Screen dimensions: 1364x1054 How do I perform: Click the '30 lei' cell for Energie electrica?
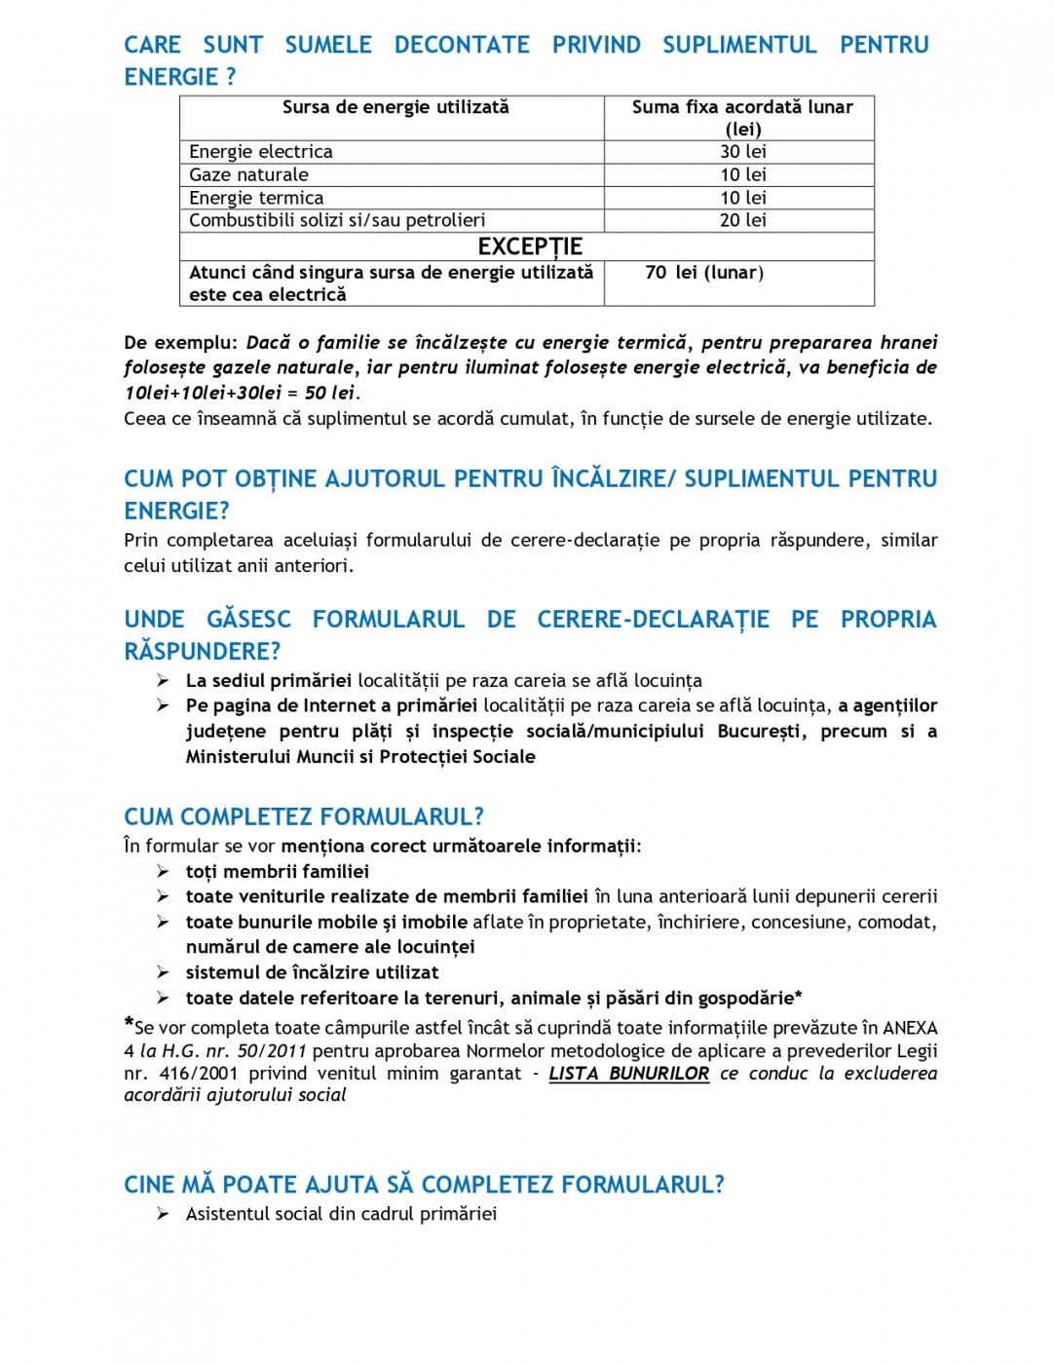(742, 152)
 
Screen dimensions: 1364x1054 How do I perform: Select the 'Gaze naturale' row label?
(248, 175)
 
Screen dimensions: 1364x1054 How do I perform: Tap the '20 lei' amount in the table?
(742, 221)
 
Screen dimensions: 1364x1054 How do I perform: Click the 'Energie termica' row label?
(256, 198)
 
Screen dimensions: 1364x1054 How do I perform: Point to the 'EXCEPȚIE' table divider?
(530, 246)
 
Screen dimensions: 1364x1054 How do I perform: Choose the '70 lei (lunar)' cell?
(704, 273)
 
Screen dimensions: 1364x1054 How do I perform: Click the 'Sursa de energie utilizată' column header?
(395, 107)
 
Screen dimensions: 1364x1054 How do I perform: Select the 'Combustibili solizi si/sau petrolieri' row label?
(337, 221)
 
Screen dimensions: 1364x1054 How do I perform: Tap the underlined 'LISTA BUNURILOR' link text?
(628, 1074)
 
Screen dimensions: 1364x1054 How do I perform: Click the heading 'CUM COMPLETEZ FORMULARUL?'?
(304, 816)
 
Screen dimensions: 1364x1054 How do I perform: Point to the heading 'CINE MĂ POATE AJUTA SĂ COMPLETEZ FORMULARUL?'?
(424, 1185)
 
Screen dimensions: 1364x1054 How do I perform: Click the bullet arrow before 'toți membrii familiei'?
(163, 872)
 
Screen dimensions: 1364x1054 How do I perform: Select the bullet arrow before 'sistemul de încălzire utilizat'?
(163, 972)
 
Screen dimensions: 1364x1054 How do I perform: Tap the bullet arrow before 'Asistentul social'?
(163, 1214)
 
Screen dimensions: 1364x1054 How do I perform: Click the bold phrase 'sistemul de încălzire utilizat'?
(312, 972)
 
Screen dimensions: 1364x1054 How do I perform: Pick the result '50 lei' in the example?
(329, 393)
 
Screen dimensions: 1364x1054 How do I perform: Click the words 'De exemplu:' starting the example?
(180, 343)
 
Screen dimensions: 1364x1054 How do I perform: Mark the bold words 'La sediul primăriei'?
(269, 681)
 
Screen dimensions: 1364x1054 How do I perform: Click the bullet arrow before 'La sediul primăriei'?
(163, 681)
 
